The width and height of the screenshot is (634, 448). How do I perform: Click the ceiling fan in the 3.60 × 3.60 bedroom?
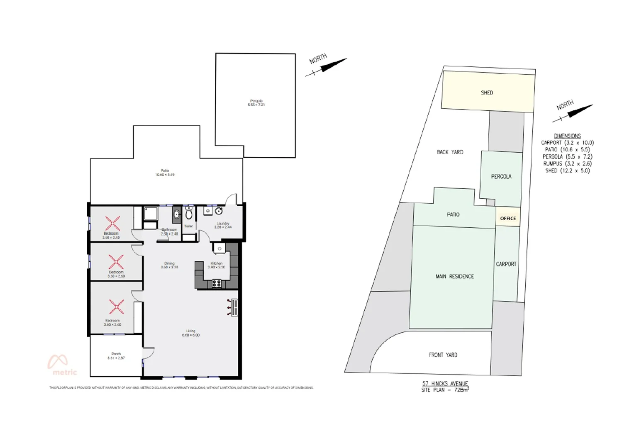point(116,307)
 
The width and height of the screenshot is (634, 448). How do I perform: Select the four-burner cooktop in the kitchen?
point(217,284)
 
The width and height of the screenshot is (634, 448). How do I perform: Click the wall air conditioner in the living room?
point(235,308)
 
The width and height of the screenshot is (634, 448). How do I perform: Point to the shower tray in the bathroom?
point(149,214)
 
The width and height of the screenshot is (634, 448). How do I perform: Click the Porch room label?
point(116,354)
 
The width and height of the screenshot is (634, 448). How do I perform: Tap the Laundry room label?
point(223,224)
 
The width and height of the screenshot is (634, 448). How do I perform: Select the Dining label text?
point(169,263)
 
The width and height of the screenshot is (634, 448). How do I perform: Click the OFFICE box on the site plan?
point(508,218)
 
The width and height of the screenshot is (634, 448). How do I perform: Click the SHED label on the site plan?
point(487,93)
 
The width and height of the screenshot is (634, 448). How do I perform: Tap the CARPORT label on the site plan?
point(506,264)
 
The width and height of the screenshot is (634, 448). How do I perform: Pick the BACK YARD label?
point(450,152)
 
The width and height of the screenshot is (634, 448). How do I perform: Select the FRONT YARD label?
point(443,355)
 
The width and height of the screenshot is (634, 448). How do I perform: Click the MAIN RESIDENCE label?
point(454,276)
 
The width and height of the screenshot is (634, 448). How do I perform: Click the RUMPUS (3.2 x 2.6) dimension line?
point(567,163)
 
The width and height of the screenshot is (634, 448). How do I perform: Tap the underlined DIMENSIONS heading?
point(567,136)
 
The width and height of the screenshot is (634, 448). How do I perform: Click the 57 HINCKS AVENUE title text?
point(445,383)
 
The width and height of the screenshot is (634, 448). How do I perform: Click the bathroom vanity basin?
point(176,214)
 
